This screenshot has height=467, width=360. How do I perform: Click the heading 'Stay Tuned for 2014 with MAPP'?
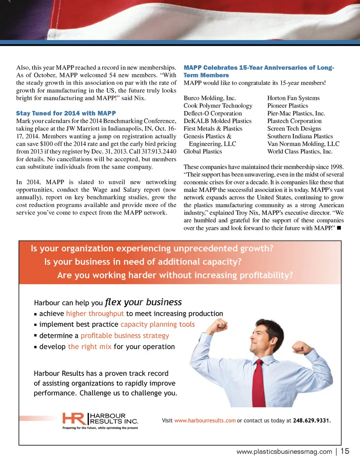(x=66, y=113)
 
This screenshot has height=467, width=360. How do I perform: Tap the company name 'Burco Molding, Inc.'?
(x=210, y=98)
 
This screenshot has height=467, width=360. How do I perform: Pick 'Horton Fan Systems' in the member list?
(x=293, y=98)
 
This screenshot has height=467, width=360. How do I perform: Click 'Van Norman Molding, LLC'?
(x=303, y=144)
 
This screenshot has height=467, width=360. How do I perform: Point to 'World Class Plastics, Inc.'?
(x=300, y=152)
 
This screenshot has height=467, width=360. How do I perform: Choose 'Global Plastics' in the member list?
(x=202, y=152)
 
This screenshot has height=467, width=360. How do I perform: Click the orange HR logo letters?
(x=73, y=419)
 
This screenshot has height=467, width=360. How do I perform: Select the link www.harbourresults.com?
(x=205, y=421)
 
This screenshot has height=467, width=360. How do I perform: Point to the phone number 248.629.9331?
(x=312, y=421)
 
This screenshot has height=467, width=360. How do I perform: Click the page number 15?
(x=345, y=451)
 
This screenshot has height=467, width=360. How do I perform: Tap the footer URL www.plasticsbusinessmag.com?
(x=284, y=452)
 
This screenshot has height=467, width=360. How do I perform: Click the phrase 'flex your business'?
(x=143, y=302)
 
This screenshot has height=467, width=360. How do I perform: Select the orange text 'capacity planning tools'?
(x=157, y=324)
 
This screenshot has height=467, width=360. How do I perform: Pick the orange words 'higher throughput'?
(x=95, y=314)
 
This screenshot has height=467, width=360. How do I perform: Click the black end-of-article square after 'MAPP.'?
(x=339, y=228)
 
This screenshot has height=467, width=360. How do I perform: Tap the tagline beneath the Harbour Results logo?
(x=100, y=428)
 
